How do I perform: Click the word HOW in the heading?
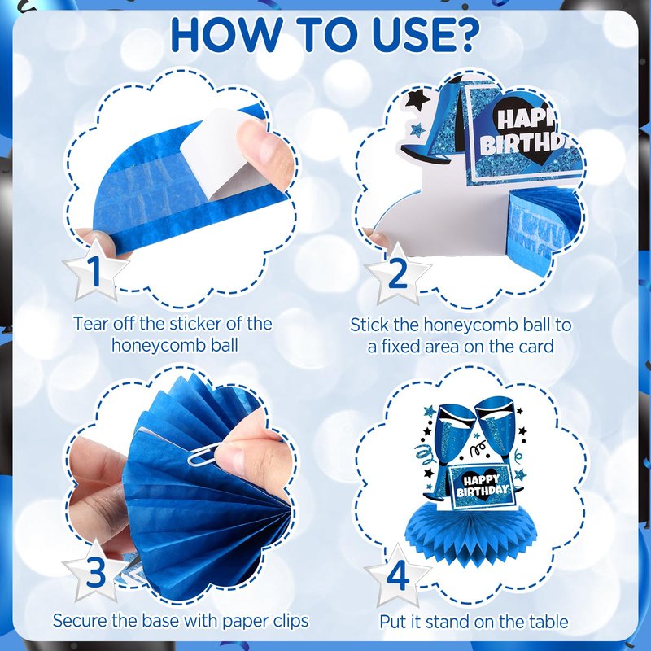(x=225, y=34)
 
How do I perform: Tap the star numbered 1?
(x=95, y=270)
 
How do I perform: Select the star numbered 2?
(x=397, y=273)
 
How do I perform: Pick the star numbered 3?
(x=96, y=571)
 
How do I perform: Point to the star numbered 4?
(x=397, y=575)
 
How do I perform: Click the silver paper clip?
(x=207, y=452)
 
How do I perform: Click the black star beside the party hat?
(x=417, y=99)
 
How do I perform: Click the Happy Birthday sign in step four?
(x=482, y=486)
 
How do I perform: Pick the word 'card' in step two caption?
(x=535, y=346)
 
